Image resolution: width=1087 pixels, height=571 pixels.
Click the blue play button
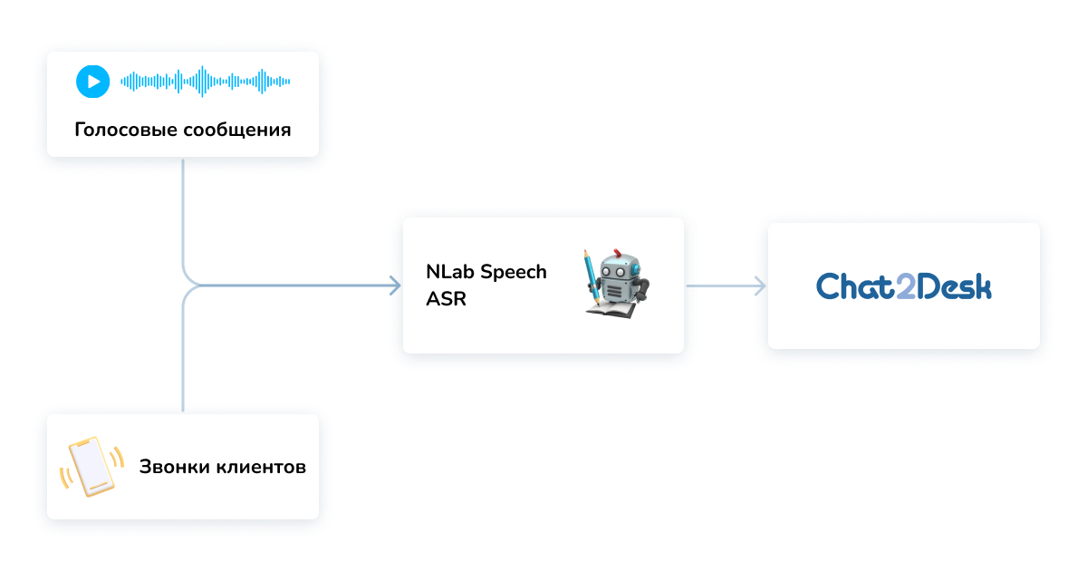[x=92, y=82]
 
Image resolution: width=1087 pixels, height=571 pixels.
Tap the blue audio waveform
[x=206, y=82]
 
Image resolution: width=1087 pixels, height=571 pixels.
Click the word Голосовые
[x=126, y=131]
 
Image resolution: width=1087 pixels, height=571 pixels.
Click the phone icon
[x=91, y=467]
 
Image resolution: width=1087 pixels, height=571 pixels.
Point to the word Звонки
[x=174, y=467]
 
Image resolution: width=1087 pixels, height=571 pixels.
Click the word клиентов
[x=261, y=467]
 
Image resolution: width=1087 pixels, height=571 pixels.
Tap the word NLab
[x=450, y=272]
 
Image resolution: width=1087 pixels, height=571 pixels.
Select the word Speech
[x=514, y=273]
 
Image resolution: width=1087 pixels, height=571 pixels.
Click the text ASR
[x=446, y=298]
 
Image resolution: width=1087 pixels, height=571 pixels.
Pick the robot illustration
[x=616, y=284]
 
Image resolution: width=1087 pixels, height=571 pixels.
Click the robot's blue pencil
[x=592, y=276]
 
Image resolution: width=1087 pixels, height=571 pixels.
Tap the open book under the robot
[x=611, y=310]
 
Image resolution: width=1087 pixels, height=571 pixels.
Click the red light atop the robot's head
[x=618, y=253]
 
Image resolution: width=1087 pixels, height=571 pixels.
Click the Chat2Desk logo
[x=904, y=285]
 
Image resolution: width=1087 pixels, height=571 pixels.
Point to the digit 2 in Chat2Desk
[x=905, y=285]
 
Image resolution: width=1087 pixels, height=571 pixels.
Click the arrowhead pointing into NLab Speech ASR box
[x=396, y=285]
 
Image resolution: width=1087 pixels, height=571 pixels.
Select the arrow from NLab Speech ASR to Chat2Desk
[x=726, y=285]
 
